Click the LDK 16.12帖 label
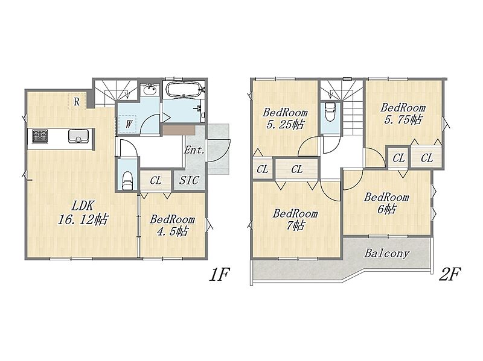click(83, 213)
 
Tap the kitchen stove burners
click(40, 136)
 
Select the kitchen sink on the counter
click(78, 136)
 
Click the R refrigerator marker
click(77, 101)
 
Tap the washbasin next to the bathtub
click(150, 90)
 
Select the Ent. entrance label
click(194, 150)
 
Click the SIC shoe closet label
click(189, 180)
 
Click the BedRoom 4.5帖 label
click(172, 225)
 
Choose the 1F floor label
click(220, 274)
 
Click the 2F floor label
click(450, 274)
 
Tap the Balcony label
click(387, 253)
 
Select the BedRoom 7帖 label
click(295, 219)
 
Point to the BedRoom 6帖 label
click(386, 203)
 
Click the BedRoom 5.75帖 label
click(403, 113)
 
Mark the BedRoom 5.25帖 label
click(285, 118)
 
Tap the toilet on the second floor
click(330, 112)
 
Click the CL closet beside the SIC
click(156, 181)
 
